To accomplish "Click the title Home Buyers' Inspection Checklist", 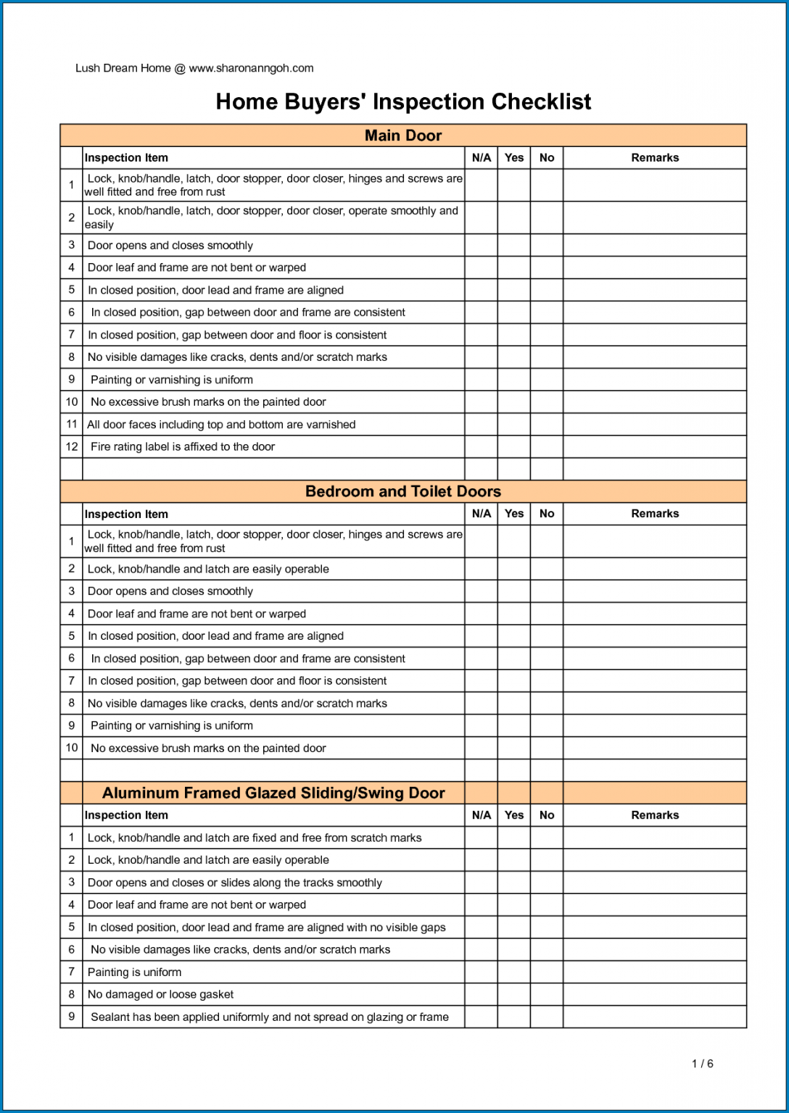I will point(403,101).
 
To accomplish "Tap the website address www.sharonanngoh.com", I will point(251,68).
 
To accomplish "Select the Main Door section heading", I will point(403,136).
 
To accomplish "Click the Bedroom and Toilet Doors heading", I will point(403,491).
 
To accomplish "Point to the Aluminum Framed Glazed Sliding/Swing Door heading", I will point(273,793).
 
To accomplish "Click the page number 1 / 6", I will point(702,1064).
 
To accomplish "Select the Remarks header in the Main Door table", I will point(655,158).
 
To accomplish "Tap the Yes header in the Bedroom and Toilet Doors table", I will point(513,514).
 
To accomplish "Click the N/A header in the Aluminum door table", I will point(481,815).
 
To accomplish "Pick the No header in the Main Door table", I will point(547,158).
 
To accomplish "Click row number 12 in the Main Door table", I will point(72,446).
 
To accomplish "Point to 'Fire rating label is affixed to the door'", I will point(182,446).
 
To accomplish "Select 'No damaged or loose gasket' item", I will point(160,994).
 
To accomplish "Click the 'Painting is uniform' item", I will point(134,972).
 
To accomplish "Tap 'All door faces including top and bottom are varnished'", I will point(221,425).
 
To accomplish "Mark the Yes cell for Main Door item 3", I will point(513,245).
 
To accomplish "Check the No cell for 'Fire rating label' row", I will point(547,446).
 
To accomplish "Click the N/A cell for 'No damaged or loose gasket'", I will point(481,994).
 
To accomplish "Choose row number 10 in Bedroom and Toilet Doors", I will point(72,748).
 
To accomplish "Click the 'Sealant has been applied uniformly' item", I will point(269,1017).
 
